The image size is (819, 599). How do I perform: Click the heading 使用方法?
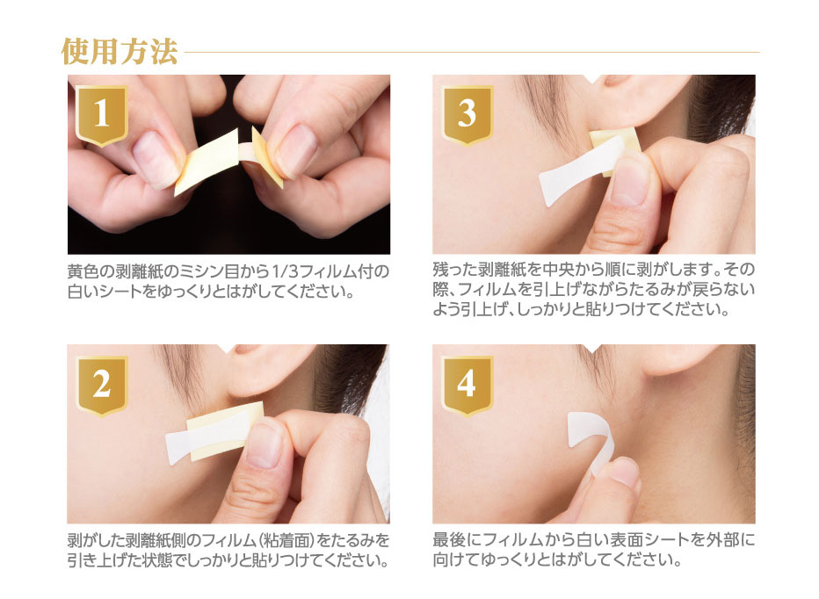point(120,52)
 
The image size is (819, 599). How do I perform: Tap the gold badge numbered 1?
point(102,115)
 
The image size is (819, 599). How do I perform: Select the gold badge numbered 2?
point(102,386)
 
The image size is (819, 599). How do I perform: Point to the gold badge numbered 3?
point(467,114)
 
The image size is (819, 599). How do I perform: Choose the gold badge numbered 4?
point(467,386)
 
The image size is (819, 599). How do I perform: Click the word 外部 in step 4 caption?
point(728,540)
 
